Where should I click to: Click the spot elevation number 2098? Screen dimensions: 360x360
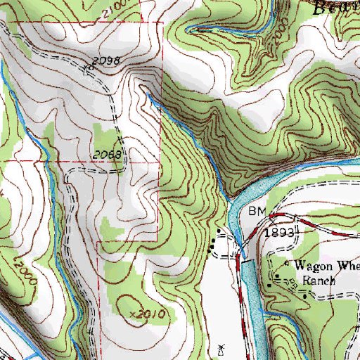coord(110,61)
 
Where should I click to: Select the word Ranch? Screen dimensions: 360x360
coord(316,278)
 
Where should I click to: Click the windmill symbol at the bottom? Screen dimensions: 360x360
coord(220,349)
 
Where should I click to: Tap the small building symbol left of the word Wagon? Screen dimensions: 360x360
coord(285,264)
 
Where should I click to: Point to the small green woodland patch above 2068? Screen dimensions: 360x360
coord(104,134)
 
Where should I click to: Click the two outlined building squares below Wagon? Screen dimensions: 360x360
coord(274,283)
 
